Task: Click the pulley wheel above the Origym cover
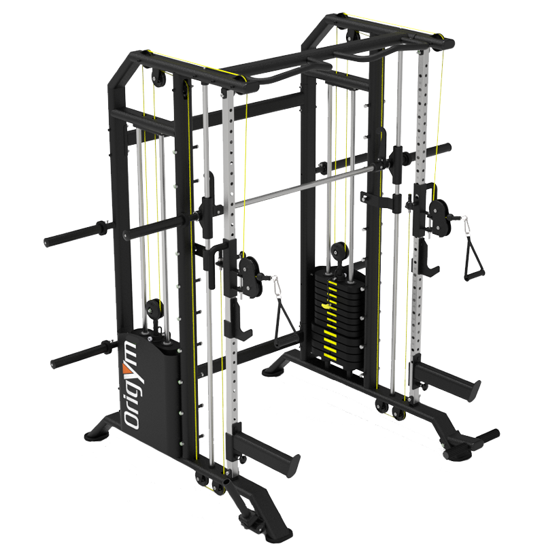[151, 307]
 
